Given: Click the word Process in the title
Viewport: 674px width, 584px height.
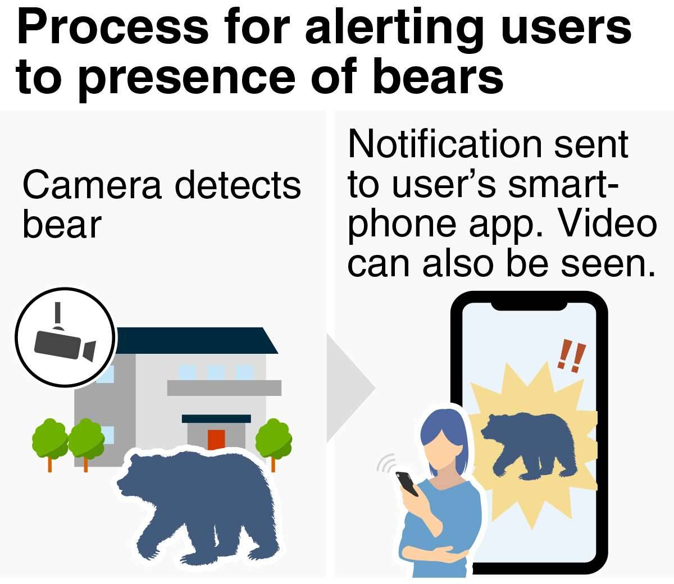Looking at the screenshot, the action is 113,27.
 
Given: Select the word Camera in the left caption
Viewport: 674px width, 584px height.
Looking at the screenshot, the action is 92,185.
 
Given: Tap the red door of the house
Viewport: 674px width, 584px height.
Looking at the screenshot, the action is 216,440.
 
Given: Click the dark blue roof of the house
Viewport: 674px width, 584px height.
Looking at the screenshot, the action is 195,340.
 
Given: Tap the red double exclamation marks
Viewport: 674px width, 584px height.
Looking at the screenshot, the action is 572,357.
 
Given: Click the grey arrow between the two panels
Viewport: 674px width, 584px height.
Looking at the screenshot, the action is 351,388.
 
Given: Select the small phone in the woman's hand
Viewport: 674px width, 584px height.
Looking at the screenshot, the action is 407,483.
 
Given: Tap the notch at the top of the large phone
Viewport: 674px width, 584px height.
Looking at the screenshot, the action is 529,307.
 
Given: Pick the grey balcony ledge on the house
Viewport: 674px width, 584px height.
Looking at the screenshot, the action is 224,387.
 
